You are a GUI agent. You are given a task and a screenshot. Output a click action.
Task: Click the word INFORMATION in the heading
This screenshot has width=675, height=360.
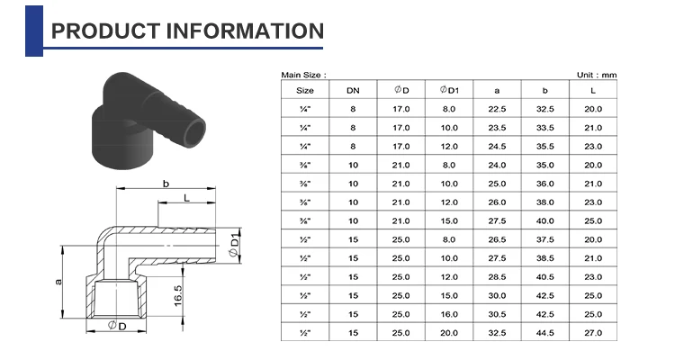point(245,31)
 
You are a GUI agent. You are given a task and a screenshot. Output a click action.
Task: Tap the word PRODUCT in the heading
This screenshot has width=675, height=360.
point(106,31)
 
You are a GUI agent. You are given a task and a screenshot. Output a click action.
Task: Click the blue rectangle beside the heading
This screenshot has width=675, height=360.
point(34,31)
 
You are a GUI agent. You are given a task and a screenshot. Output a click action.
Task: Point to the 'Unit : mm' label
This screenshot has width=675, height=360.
point(597,75)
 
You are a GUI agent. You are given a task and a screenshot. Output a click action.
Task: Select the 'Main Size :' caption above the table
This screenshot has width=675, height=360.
point(303,75)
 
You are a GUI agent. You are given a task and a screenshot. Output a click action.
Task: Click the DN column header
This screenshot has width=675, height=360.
point(353,90)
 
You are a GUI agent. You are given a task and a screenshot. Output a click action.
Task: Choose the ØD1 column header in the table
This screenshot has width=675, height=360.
point(449,90)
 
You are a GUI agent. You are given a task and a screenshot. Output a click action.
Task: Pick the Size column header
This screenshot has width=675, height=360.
point(305,90)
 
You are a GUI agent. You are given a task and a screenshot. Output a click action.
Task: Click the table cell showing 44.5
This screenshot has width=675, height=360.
point(545,333)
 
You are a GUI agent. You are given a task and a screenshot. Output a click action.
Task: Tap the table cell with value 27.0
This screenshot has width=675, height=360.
point(593,333)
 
